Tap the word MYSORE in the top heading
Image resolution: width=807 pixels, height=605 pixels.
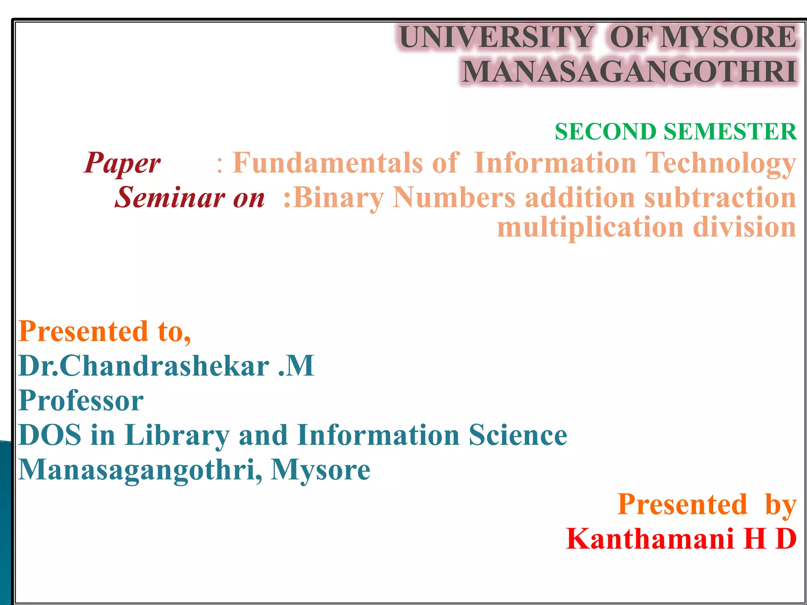(x=729, y=37)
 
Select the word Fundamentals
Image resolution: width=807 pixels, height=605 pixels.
(x=327, y=163)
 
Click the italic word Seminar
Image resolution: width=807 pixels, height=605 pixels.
(x=169, y=197)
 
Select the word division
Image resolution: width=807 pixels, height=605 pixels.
(x=744, y=227)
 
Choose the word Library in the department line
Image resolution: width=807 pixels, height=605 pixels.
(x=177, y=436)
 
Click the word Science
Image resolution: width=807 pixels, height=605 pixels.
(x=518, y=435)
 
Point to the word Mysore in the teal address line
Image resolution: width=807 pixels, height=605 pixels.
(x=320, y=470)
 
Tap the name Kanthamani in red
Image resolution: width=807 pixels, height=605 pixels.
(x=650, y=539)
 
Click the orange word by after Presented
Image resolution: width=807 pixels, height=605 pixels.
(x=781, y=505)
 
